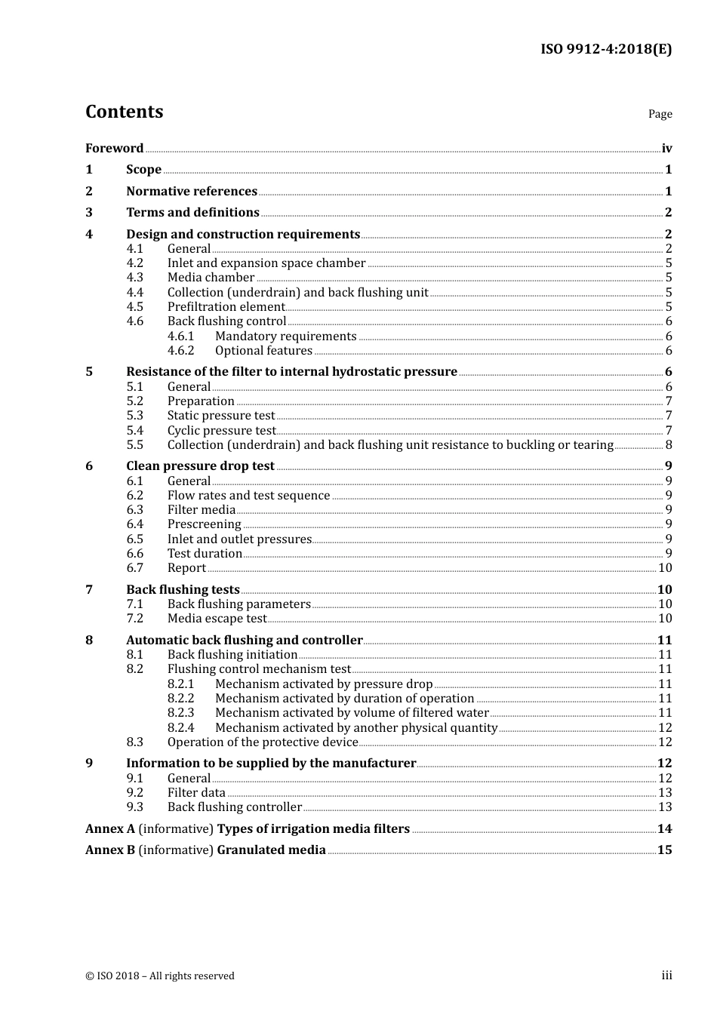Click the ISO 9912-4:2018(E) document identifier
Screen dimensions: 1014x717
605,49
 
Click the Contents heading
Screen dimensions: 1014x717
124,112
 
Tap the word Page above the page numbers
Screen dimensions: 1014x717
660,114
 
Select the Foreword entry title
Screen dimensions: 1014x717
114,149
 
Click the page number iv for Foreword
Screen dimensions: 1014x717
666,149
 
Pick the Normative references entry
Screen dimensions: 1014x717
192,192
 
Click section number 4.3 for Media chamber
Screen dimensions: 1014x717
134,278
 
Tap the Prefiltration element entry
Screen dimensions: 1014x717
226,307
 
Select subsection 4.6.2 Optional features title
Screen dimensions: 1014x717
263,351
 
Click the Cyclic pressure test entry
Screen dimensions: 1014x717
221,431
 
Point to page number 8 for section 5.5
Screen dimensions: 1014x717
668,445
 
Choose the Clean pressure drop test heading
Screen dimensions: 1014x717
200,466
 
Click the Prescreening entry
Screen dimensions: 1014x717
204,524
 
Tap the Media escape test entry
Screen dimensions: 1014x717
217,619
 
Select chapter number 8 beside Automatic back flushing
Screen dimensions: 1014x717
89,641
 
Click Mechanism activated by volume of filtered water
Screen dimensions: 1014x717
352,713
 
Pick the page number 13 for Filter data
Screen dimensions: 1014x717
665,793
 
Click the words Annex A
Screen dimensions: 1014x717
110,829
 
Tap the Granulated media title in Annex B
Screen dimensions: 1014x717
271,850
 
